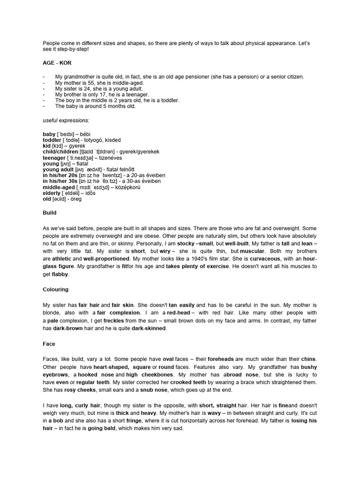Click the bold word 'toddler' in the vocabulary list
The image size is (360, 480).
point(52,140)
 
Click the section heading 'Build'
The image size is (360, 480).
point(50,212)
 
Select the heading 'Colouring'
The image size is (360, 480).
point(56,290)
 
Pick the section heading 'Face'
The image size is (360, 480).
point(49,344)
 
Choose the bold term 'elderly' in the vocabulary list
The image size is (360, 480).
point(52,193)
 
